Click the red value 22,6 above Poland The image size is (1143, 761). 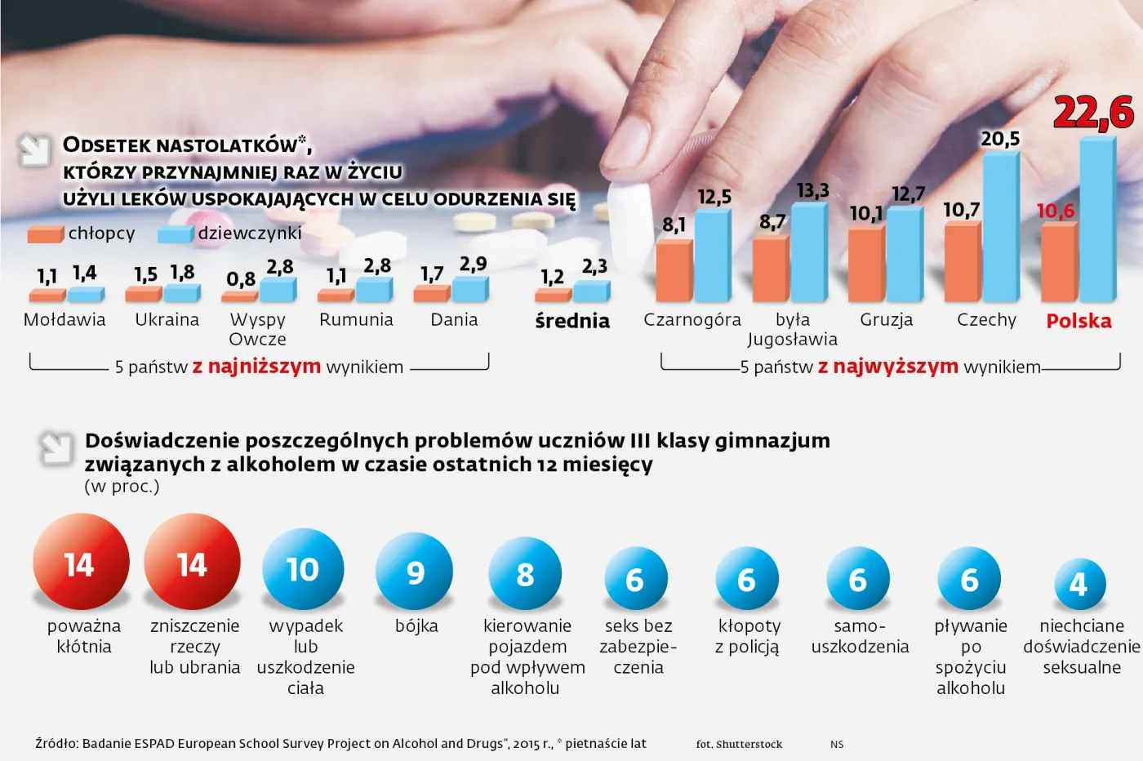click(1093, 113)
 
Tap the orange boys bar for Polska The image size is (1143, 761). click(1060, 262)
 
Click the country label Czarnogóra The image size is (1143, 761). click(692, 320)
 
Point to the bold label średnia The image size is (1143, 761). click(572, 321)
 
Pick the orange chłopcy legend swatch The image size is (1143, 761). click(45, 234)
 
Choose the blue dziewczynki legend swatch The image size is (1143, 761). click(175, 234)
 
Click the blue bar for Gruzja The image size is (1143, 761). click(905, 255)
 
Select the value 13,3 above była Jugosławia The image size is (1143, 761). click(812, 191)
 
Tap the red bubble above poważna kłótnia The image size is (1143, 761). click(81, 563)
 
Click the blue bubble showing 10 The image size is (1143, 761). click(303, 569)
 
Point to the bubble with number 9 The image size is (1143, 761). click(415, 572)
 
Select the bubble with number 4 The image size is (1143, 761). click(1079, 584)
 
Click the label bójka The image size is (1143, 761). click(416, 626)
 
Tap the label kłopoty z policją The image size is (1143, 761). click(749, 637)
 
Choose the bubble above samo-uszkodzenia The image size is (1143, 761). click(857, 579)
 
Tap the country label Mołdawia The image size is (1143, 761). click(64, 320)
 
